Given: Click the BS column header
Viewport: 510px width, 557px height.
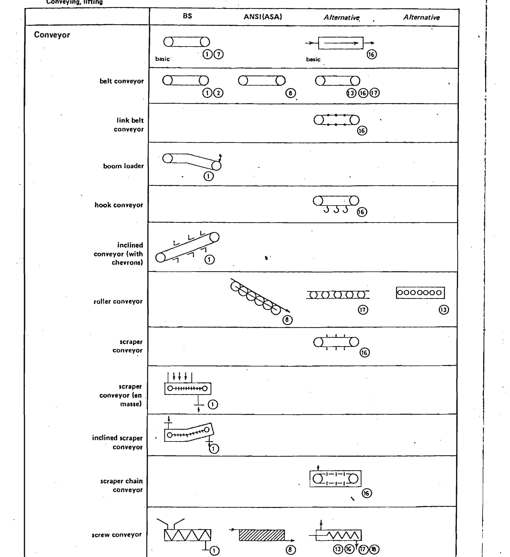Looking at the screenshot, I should tap(187, 16).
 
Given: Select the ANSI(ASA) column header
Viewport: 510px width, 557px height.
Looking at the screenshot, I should tap(263, 17).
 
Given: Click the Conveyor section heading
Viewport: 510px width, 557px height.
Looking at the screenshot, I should tap(52, 35).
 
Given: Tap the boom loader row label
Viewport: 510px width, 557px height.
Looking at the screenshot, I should tap(123, 166).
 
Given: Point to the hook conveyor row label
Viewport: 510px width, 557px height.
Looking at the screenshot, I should tap(119, 205).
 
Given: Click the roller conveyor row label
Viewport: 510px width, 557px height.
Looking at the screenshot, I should tap(118, 302).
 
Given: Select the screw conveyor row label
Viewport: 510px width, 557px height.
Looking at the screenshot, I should tap(117, 535).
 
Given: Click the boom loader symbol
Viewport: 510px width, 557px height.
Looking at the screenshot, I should tap(192, 162).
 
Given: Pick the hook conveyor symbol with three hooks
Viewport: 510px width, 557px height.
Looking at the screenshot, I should tap(336, 204).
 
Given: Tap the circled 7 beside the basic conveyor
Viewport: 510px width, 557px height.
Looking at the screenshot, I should tap(218, 54).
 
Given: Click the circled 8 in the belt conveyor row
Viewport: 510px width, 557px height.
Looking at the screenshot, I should tap(290, 93).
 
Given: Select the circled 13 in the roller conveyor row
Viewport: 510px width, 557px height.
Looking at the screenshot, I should tap(444, 310).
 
